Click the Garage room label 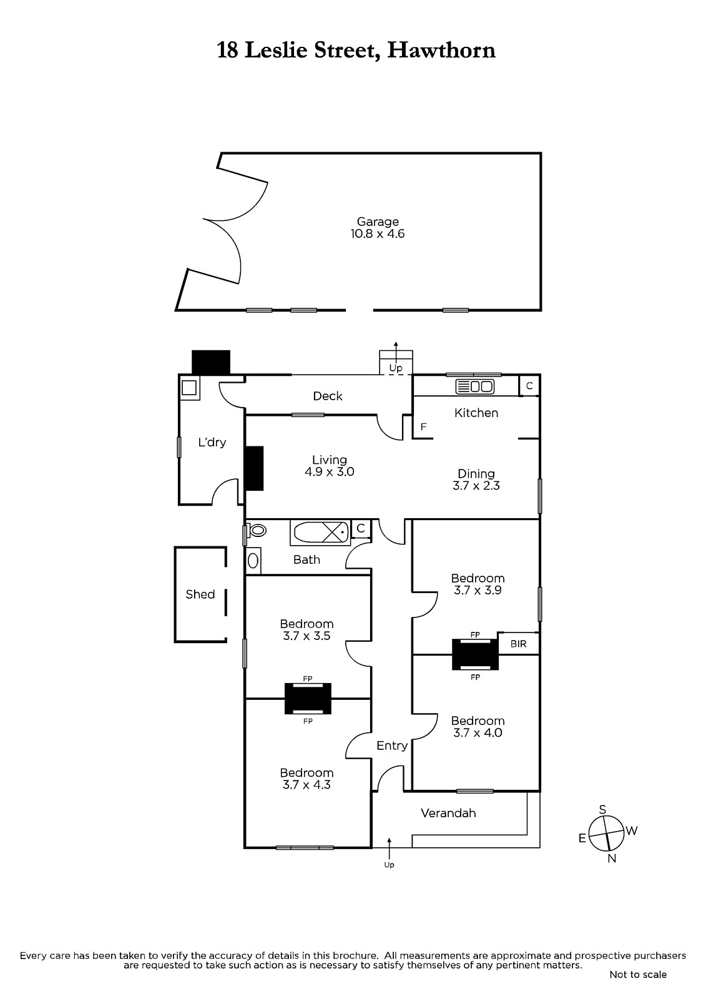[378, 222]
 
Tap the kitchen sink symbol [476, 386]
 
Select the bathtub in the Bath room [320, 533]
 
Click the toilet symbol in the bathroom [257, 531]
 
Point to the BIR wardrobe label [518, 644]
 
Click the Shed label [200, 594]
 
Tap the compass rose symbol [607, 833]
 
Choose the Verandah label [448, 813]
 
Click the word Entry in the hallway [392, 746]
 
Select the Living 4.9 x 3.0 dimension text [329, 472]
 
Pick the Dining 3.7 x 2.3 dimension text [476, 486]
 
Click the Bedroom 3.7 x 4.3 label [306, 779]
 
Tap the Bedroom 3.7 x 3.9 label [478, 584]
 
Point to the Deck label [328, 396]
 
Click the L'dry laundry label [212, 443]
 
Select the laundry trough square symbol [189, 388]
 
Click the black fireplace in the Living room [254, 468]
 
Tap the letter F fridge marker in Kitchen [423, 427]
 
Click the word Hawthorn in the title [441, 50]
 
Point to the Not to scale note [637, 975]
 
